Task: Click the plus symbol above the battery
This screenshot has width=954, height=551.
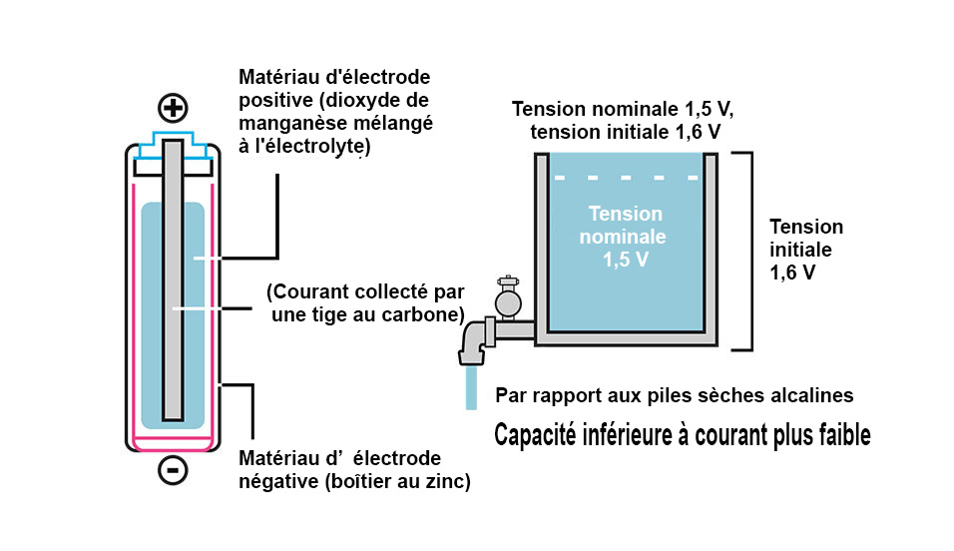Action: (173, 109)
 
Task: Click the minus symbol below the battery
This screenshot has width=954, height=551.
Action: (173, 470)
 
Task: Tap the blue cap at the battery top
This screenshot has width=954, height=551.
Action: (173, 142)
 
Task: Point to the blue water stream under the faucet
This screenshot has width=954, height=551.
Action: (471, 388)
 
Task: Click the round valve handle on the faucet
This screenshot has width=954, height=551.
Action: (508, 299)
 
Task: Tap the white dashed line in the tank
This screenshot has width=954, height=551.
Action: (626, 178)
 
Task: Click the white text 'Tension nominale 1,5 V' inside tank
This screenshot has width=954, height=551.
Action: (626, 237)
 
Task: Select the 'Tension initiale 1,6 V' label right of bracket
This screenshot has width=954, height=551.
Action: (805, 250)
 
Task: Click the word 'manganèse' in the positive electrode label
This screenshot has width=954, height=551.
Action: (283, 122)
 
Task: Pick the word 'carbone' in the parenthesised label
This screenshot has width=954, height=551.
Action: (425, 315)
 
